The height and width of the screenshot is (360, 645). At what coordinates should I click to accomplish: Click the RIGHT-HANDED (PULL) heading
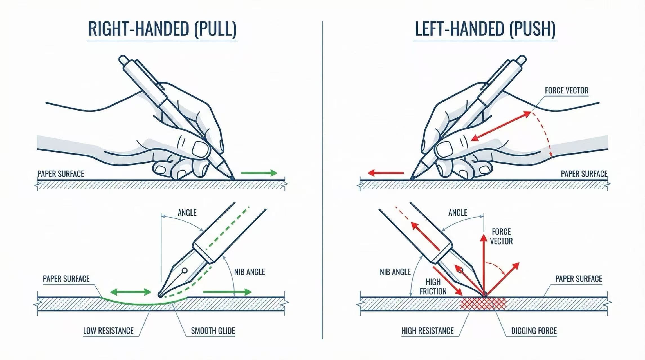click(162, 29)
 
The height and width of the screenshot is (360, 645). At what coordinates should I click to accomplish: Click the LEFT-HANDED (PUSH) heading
click(485, 29)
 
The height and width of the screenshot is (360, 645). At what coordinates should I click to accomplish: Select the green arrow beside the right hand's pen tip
click(259, 173)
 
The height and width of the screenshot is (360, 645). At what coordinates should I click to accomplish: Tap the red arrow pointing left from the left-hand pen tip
click(386, 173)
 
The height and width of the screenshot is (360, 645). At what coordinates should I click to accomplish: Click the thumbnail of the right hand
click(200, 148)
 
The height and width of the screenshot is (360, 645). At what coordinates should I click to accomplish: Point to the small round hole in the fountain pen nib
click(185, 271)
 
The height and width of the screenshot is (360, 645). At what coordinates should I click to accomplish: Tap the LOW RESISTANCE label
click(108, 330)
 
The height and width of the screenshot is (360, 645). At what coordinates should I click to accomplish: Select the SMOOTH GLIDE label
click(213, 330)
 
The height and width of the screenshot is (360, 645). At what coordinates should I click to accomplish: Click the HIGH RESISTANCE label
click(427, 330)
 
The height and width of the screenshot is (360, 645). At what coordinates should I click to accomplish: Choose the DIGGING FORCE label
click(534, 330)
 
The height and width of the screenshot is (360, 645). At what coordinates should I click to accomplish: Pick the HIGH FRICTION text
click(433, 287)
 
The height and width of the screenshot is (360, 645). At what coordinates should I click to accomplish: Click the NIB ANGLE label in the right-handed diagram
click(250, 272)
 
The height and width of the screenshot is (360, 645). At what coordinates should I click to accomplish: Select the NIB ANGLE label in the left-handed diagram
click(395, 272)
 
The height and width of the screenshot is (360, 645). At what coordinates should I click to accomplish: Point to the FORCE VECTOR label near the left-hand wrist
click(566, 90)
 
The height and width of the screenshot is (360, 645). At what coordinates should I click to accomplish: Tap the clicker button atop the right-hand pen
click(123, 60)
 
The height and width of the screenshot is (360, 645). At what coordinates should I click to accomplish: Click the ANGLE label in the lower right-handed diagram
click(187, 213)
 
